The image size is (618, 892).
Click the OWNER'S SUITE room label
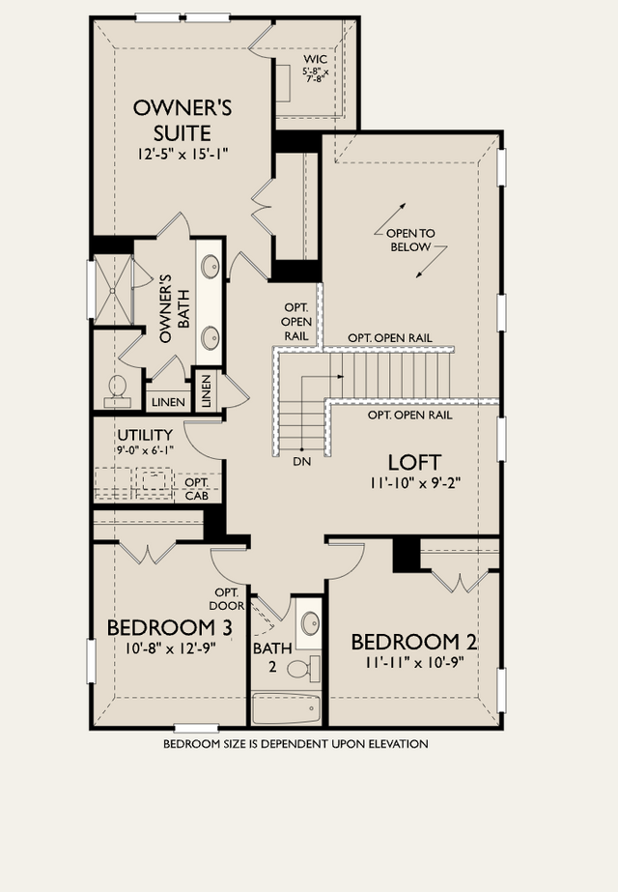[x=183, y=120]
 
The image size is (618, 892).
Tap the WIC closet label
[x=316, y=59]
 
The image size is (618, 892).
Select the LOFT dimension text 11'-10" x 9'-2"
[x=414, y=483]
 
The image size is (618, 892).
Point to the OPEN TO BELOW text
[x=410, y=240]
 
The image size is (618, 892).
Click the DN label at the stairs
[x=302, y=462]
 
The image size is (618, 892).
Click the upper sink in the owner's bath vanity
[x=211, y=266]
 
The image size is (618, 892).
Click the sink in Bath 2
[x=310, y=622]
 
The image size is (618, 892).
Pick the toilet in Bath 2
[x=304, y=667]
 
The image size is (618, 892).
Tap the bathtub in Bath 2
[x=287, y=708]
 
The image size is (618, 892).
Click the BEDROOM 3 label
[x=169, y=628]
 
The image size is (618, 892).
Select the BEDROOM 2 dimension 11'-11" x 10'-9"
[x=415, y=662]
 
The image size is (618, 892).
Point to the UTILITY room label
[x=145, y=435]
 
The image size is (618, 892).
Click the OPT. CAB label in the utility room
[x=197, y=489]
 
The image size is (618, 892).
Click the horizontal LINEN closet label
[x=168, y=402]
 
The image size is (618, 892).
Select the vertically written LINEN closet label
[x=206, y=390]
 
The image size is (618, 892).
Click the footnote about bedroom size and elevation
[x=295, y=743]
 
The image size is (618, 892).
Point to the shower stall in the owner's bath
[x=113, y=289]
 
